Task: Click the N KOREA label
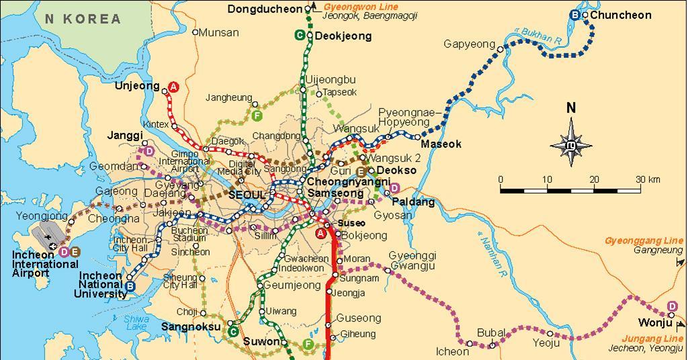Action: click(x=83, y=19)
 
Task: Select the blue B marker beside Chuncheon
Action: click(x=576, y=15)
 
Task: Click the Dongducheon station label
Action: click(x=265, y=9)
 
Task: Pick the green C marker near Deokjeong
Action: click(x=300, y=36)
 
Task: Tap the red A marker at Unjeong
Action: click(x=173, y=87)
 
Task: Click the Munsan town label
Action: click(x=220, y=32)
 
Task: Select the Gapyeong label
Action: click(x=469, y=44)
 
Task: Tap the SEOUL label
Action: click(x=247, y=195)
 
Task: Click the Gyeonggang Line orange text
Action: click(x=644, y=240)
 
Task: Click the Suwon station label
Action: click(x=261, y=341)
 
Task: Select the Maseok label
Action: click(x=441, y=144)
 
